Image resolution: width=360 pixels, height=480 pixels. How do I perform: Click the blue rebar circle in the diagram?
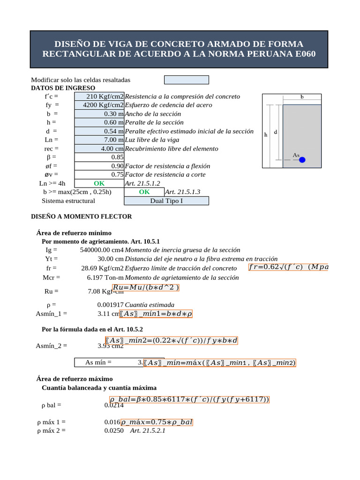click(x=302, y=160)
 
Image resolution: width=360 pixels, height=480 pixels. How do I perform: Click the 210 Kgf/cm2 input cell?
click(x=99, y=97)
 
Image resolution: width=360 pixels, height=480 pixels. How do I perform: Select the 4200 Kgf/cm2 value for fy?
click(x=99, y=105)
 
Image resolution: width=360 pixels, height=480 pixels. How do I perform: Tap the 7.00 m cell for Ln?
click(x=99, y=140)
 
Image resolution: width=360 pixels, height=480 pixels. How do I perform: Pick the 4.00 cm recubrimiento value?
click(x=99, y=149)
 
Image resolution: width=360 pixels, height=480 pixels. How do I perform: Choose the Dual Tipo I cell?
click(x=166, y=201)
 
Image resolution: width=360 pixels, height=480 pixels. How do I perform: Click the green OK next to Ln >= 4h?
click(x=99, y=184)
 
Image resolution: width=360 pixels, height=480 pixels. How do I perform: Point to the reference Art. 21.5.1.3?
click(x=182, y=192)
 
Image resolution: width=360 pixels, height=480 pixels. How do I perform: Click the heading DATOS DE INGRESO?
click(x=63, y=88)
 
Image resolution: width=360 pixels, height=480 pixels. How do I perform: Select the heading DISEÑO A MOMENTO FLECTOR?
click(x=81, y=217)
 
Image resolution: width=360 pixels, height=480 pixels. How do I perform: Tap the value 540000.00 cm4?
click(x=102, y=250)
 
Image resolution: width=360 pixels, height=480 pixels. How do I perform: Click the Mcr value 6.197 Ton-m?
click(x=105, y=277)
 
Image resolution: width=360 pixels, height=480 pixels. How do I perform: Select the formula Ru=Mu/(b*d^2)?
click(x=146, y=287)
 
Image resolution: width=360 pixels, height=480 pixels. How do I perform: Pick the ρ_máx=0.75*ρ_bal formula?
click(x=157, y=422)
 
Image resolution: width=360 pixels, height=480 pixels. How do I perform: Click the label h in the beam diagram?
click(x=266, y=135)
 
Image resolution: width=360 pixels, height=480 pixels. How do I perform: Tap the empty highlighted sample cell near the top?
click(x=186, y=80)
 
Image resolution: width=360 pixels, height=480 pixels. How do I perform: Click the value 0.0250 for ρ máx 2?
click(x=114, y=430)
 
